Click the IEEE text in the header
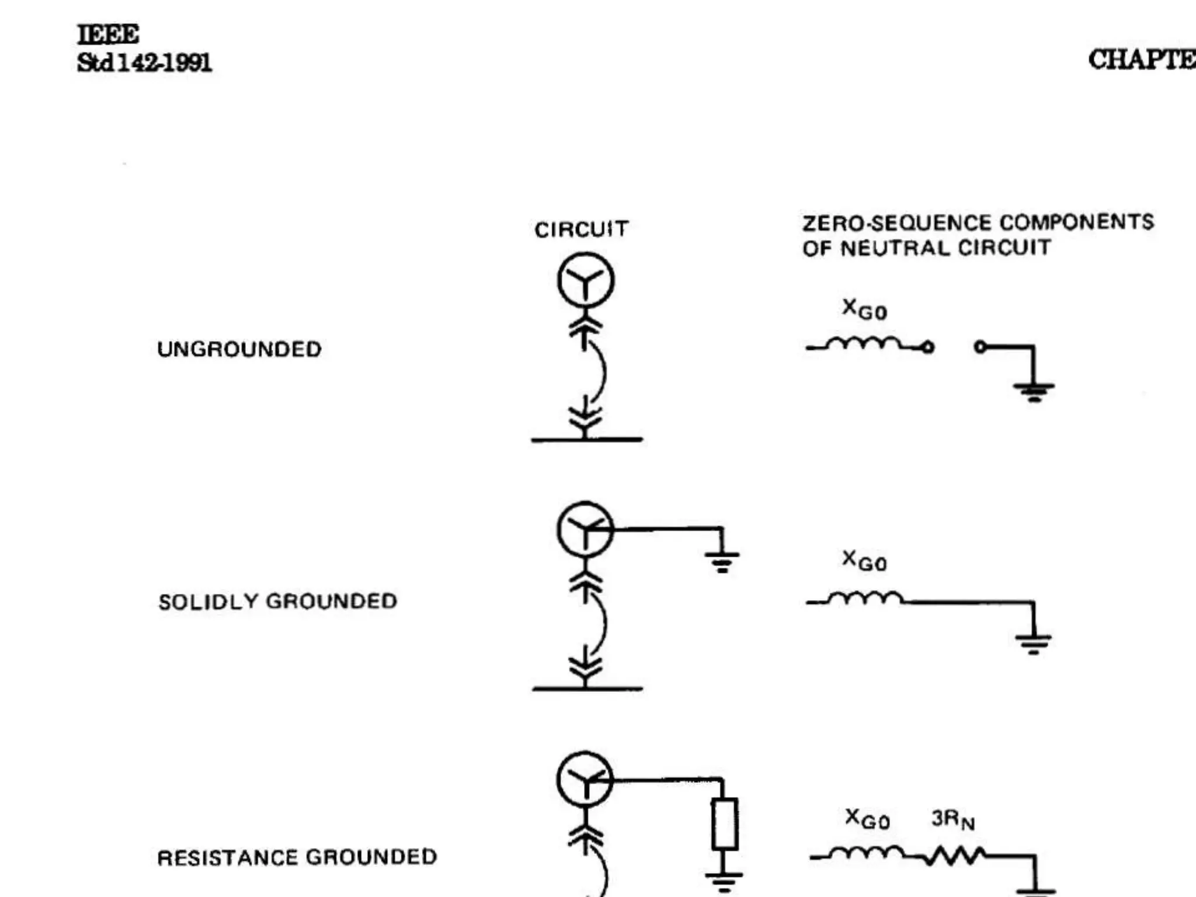pyautogui.click(x=108, y=34)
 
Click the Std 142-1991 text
pyautogui.click(x=144, y=62)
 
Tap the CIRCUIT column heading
pyautogui.click(x=581, y=230)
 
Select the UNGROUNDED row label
pyautogui.click(x=239, y=349)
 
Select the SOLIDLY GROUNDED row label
pyautogui.click(x=277, y=602)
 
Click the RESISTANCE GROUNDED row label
pyautogui.click(x=297, y=857)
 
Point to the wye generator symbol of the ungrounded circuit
pyautogui.click(x=585, y=280)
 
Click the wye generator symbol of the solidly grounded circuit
pyautogui.click(x=585, y=529)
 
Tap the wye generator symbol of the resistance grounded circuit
pyautogui.click(x=585, y=780)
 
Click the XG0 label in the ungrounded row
pyautogui.click(x=864, y=309)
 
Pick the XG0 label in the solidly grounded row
pyautogui.click(x=864, y=561)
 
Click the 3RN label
pyautogui.click(x=952, y=819)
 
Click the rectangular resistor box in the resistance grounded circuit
pyautogui.click(x=724, y=824)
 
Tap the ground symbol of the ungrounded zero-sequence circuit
pyautogui.click(x=1034, y=390)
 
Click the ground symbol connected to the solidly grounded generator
pyautogui.click(x=722, y=561)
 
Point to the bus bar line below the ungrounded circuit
pyautogui.click(x=586, y=439)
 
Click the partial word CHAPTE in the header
pyautogui.click(x=1141, y=60)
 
